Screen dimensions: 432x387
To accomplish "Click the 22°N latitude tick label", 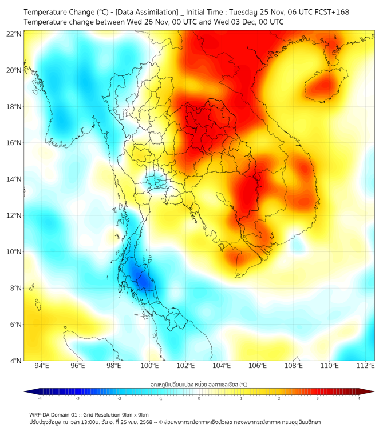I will pyautogui.click(x=14, y=34).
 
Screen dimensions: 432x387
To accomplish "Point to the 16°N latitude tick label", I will pyautogui.click(x=14, y=143).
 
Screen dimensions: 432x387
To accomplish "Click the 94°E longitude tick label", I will pyautogui.click(x=42, y=366).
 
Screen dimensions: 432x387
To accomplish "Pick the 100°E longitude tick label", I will pyautogui.click(x=149, y=366).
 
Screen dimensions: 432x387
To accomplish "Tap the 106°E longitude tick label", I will pyautogui.click(x=258, y=366).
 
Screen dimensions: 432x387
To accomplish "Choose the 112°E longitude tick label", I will pyautogui.click(x=365, y=366).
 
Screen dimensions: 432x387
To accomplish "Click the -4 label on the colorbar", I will pyautogui.click(x=39, y=398).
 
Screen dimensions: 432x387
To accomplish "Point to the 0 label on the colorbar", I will pyautogui.click(x=199, y=398).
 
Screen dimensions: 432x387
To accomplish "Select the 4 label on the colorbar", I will pyautogui.click(x=359, y=398).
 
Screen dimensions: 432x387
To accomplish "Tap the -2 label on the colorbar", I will pyautogui.click(x=119, y=398).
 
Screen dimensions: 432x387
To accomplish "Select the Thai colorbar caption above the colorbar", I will pyautogui.click(x=199, y=384).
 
